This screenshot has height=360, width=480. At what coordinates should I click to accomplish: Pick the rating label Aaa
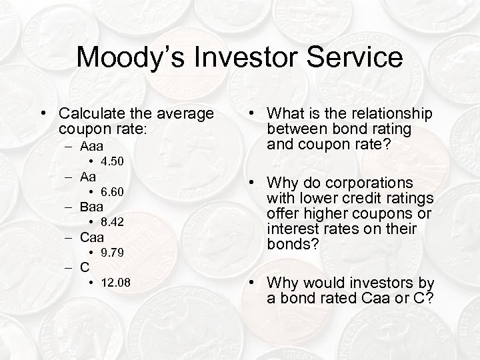(92, 145)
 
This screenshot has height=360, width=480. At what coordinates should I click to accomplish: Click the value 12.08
(116, 283)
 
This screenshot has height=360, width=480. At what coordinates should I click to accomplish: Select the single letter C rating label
(85, 268)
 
